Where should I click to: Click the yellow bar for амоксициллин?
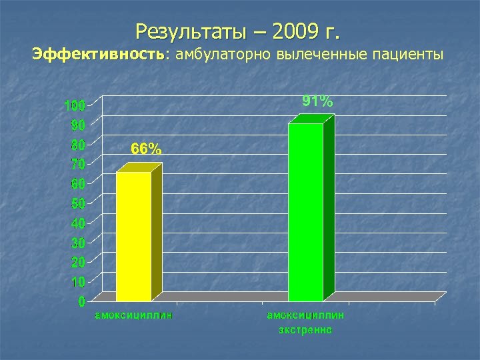133,237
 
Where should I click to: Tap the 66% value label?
145,150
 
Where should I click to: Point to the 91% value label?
317,101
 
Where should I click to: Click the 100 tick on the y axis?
74,106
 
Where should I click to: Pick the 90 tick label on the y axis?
77,125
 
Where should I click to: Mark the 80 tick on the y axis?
77,145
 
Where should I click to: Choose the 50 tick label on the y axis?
77,203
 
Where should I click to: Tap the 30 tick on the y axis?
77,242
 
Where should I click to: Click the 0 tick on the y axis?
81,302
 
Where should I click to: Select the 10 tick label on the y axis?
77,281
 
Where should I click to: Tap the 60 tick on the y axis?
77,183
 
